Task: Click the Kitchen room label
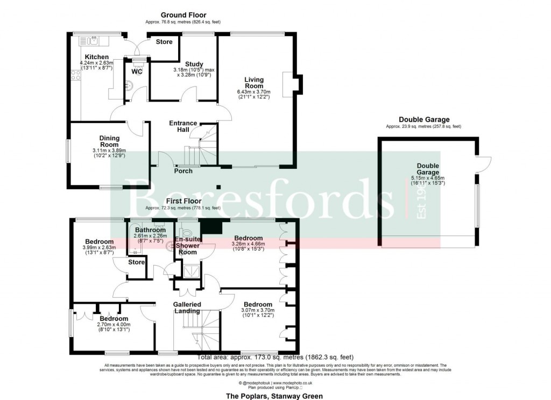click(x=97, y=57)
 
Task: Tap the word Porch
click(x=183, y=171)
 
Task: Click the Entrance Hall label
click(x=183, y=126)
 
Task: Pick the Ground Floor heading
click(x=183, y=15)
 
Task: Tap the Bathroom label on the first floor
click(x=151, y=230)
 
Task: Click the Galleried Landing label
click(x=187, y=308)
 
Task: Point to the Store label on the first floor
click(x=137, y=262)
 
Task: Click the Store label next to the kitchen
click(x=164, y=41)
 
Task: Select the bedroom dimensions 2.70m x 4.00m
click(x=114, y=324)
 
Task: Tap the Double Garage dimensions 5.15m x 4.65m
click(x=428, y=177)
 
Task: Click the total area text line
click(x=275, y=357)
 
